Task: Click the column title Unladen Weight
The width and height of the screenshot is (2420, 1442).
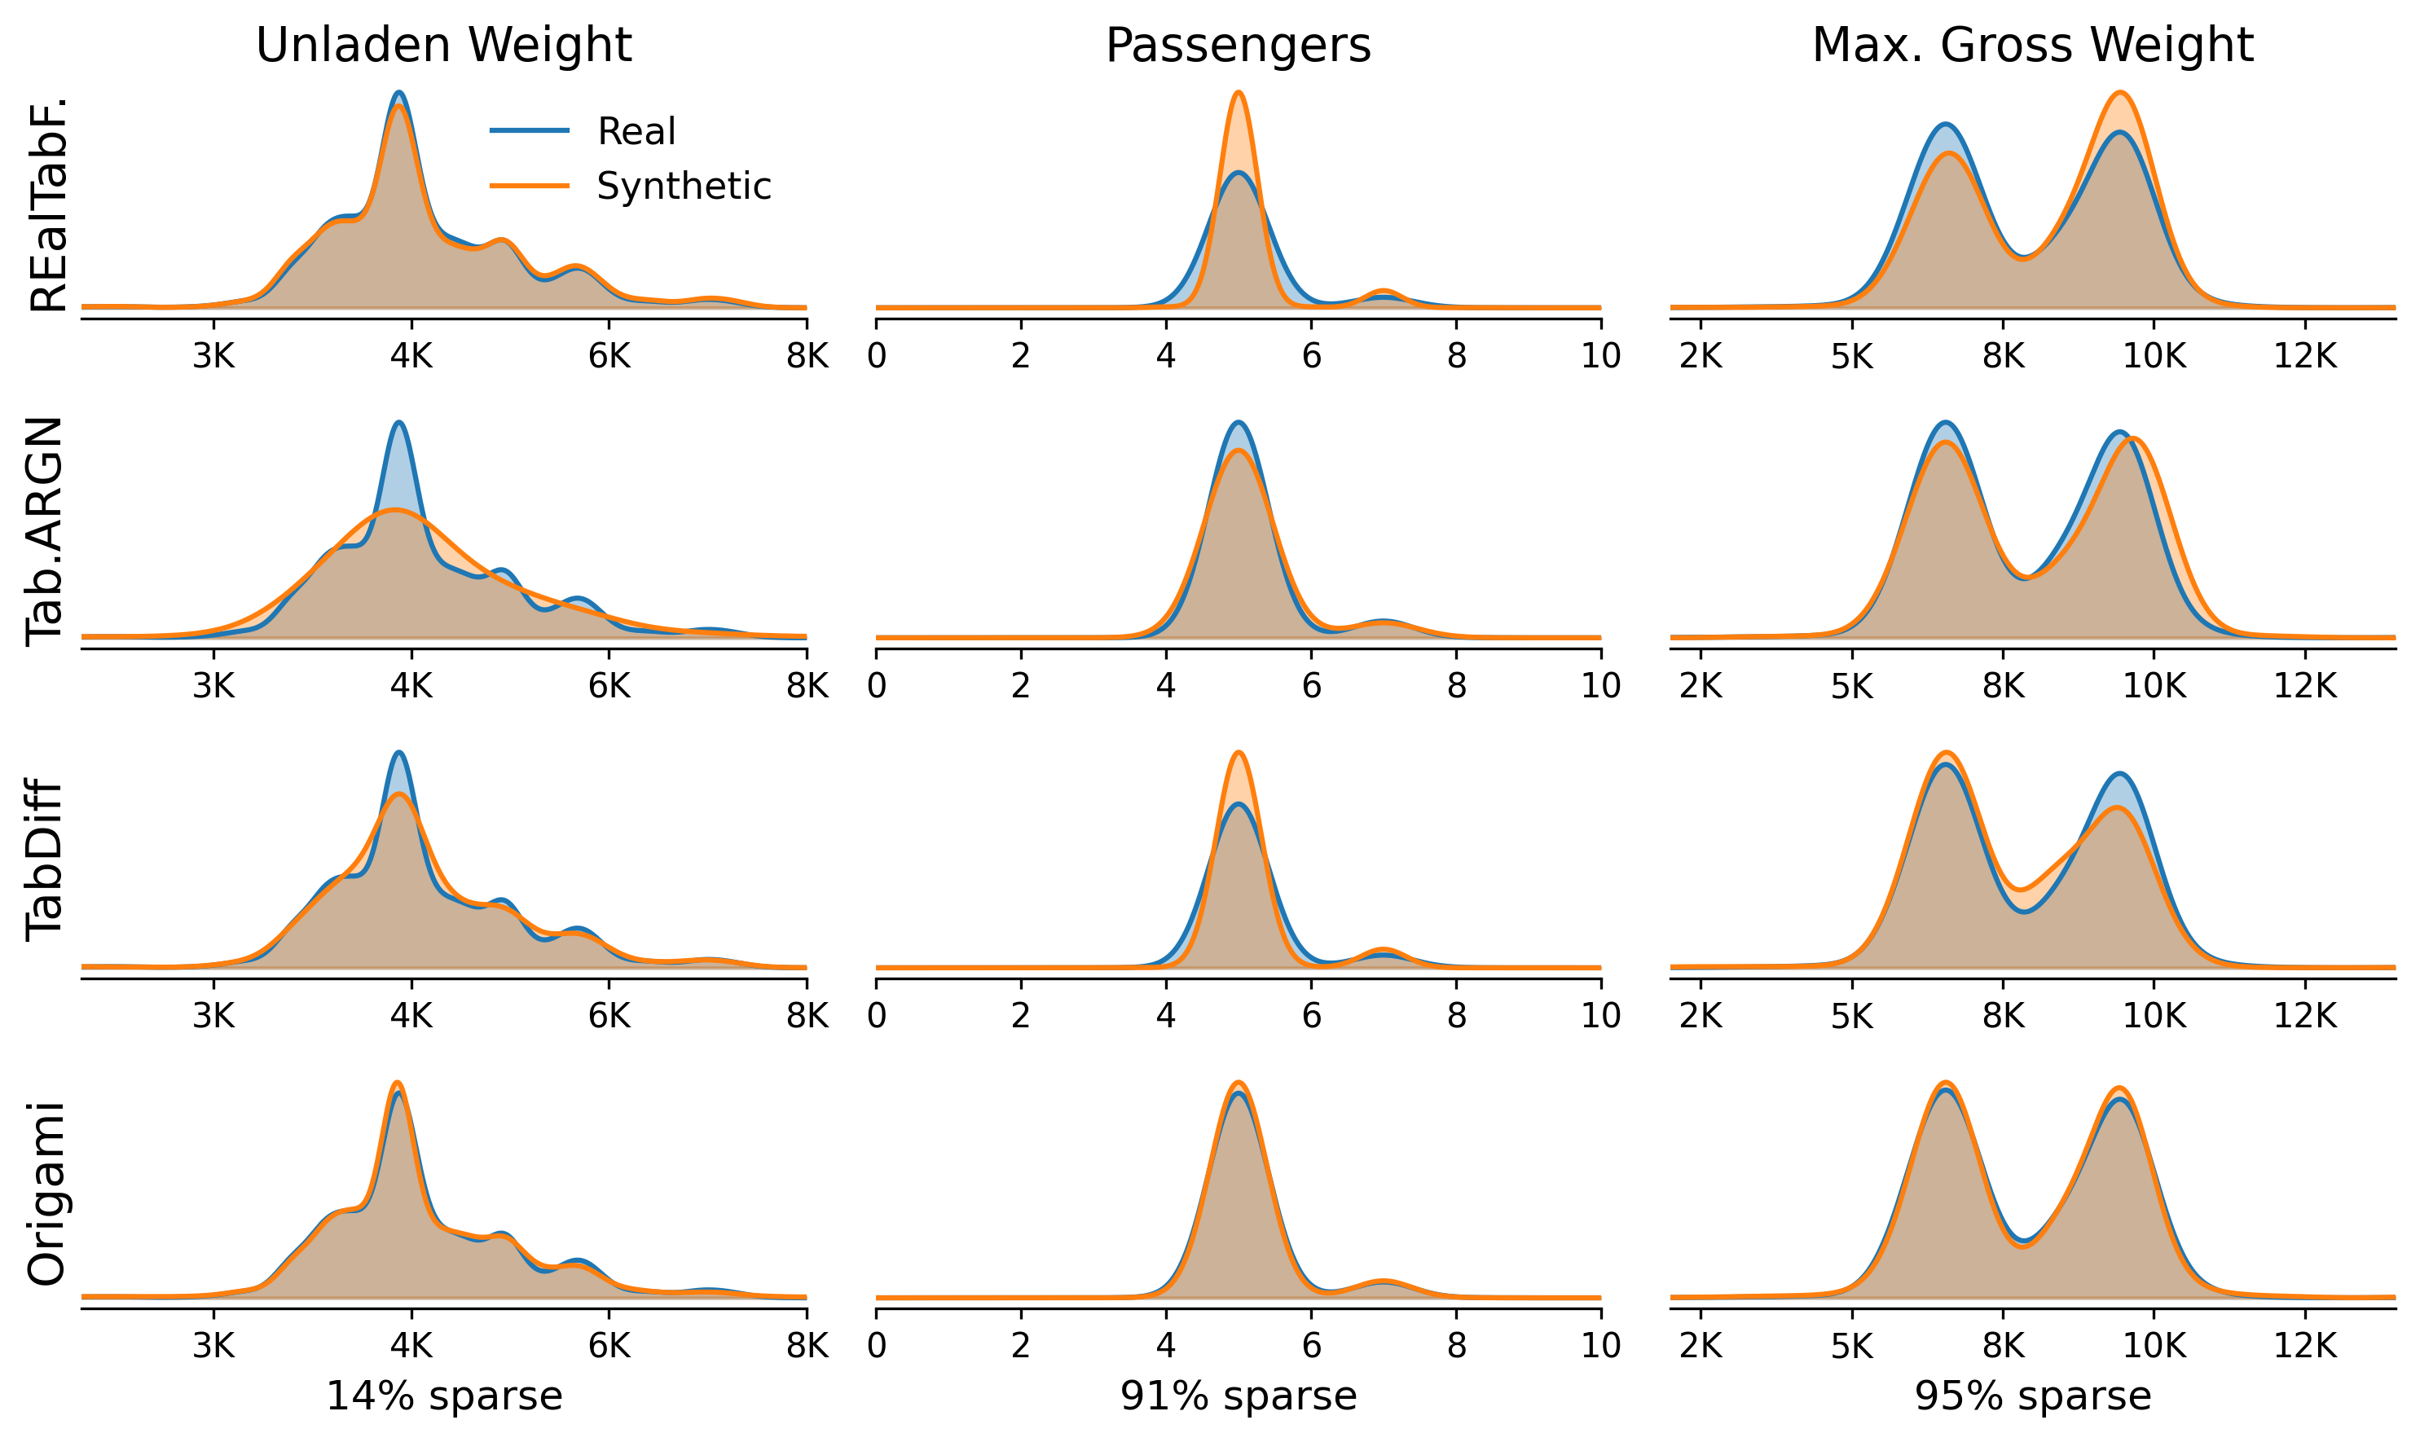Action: coord(443,46)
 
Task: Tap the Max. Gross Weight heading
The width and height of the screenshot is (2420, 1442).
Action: coord(2032,46)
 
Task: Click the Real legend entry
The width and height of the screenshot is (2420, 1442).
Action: coord(636,131)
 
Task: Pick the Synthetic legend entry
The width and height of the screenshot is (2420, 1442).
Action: coord(684,187)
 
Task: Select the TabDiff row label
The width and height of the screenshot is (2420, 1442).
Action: coord(46,860)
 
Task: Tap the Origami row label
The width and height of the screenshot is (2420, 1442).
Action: coord(46,1194)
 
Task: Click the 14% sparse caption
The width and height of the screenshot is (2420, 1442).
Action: coord(443,1396)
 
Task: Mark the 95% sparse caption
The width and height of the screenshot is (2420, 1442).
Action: coord(2032,1396)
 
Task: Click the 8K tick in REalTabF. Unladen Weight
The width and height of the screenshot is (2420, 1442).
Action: coord(807,358)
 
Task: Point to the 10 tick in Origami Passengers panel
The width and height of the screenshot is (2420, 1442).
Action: coord(1600,1346)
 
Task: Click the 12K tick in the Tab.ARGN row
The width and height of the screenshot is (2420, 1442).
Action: coord(2305,687)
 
